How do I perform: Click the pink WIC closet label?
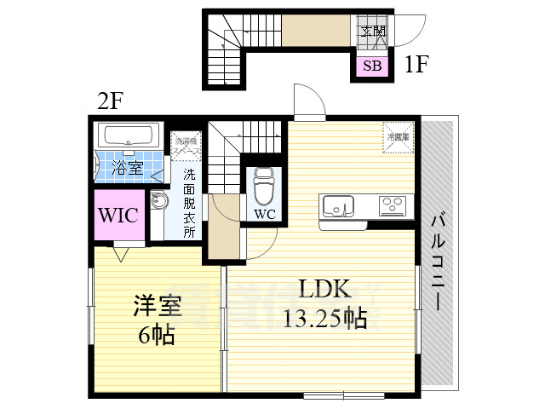pyautogui.click(x=119, y=216)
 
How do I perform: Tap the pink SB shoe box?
pyautogui.click(x=373, y=65)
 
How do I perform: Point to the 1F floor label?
pyautogui.click(x=416, y=64)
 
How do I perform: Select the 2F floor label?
pyautogui.click(x=110, y=101)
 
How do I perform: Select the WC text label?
pyautogui.click(x=264, y=214)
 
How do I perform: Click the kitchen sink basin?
pyautogui.click(x=338, y=206)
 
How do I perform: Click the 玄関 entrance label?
pyautogui.click(x=372, y=32)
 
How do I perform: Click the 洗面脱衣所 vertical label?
pyautogui.click(x=189, y=204)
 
